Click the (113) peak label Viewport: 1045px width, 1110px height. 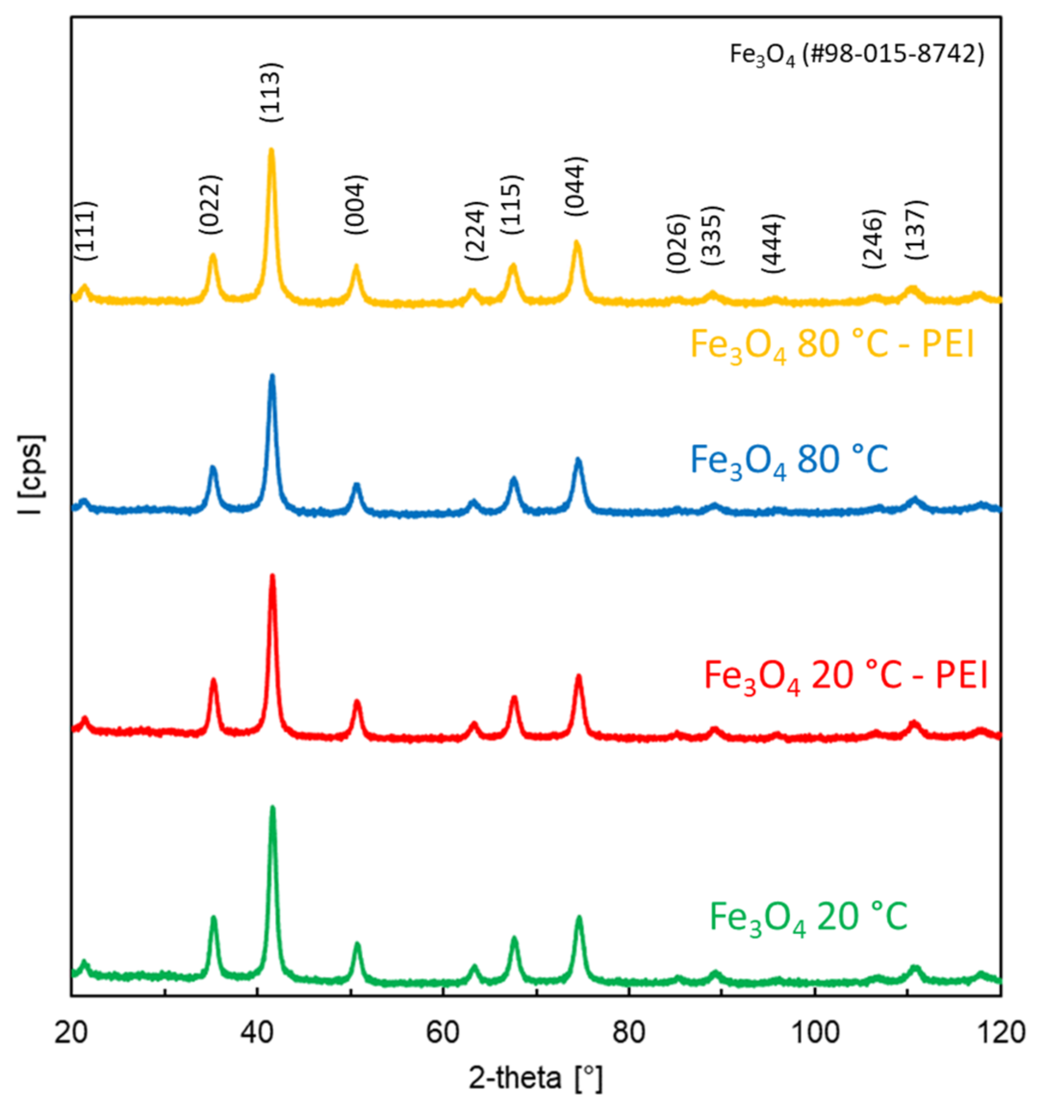(x=272, y=92)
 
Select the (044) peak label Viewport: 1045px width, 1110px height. (x=575, y=187)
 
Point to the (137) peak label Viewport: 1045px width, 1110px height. (x=916, y=229)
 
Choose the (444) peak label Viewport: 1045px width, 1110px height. (x=774, y=243)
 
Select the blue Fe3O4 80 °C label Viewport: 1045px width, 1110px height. (x=789, y=459)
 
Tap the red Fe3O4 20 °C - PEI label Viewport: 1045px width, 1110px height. (x=846, y=676)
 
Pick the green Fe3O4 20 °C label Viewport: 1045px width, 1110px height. (x=808, y=917)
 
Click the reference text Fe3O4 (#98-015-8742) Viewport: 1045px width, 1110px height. (x=857, y=55)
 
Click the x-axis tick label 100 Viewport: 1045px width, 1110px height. (x=815, y=1033)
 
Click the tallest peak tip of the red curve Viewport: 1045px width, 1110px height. (x=273, y=576)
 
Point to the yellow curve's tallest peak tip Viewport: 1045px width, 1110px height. (x=271, y=150)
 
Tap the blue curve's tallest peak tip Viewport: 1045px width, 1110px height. (x=272, y=376)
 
